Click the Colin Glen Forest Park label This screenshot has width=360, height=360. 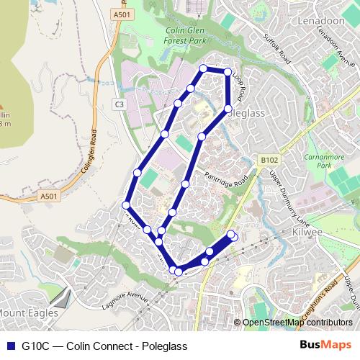click(186, 37)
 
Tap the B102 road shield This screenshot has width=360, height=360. click(269, 160)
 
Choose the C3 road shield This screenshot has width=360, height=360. click(120, 105)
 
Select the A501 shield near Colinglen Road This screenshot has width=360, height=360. click(48, 196)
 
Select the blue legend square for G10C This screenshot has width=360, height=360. click(10, 346)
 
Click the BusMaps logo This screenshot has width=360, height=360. click(326, 346)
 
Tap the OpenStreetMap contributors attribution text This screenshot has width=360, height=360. click(298, 323)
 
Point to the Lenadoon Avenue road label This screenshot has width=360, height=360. click(336, 50)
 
